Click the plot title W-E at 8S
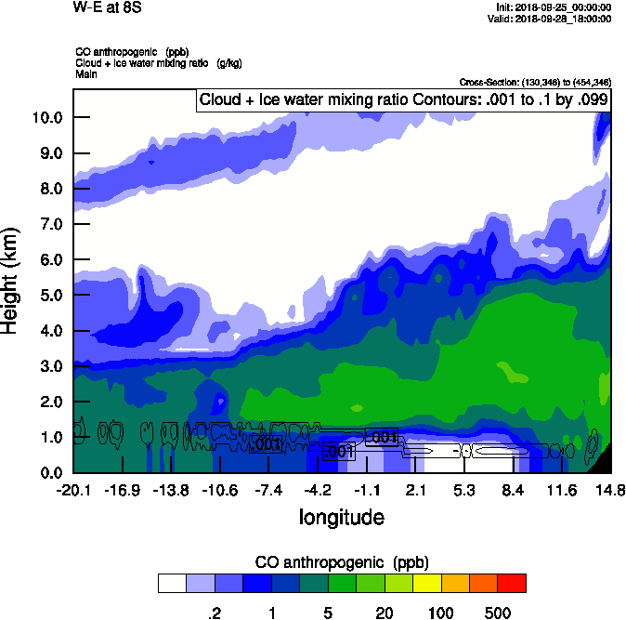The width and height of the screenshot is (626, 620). pyautogui.click(x=101, y=7)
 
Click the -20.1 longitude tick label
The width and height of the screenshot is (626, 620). pyautogui.click(x=72, y=490)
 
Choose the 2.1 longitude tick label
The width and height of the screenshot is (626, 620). pyautogui.click(x=415, y=490)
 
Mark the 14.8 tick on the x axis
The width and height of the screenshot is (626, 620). pyautogui.click(x=610, y=490)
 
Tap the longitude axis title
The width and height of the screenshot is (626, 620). pyautogui.click(x=342, y=516)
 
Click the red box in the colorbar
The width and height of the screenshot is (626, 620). pyautogui.click(x=512, y=583)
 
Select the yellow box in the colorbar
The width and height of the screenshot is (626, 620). pyautogui.click(x=426, y=583)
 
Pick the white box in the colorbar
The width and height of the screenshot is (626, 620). pyautogui.click(x=172, y=583)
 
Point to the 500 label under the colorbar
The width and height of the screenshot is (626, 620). pyautogui.click(x=498, y=613)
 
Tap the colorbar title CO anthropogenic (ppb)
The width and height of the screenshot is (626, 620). pyautogui.click(x=341, y=562)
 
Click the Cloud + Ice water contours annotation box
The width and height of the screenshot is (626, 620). pyautogui.click(x=402, y=99)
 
